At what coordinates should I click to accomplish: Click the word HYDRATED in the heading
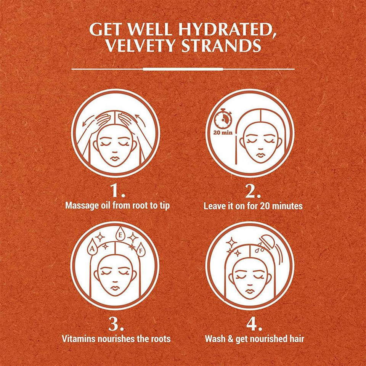[225, 29]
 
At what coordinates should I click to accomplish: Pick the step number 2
[252, 191]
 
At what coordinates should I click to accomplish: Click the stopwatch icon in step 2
[223, 118]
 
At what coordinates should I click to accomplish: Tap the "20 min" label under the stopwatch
[223, 133]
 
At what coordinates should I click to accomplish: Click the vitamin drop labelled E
[120, 234]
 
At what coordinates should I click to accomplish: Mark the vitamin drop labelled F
[141, 250]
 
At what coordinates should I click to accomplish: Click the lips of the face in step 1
[114, 158]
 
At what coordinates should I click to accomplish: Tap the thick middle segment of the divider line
[183, 69]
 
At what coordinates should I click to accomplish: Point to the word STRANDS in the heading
[221, 45]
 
